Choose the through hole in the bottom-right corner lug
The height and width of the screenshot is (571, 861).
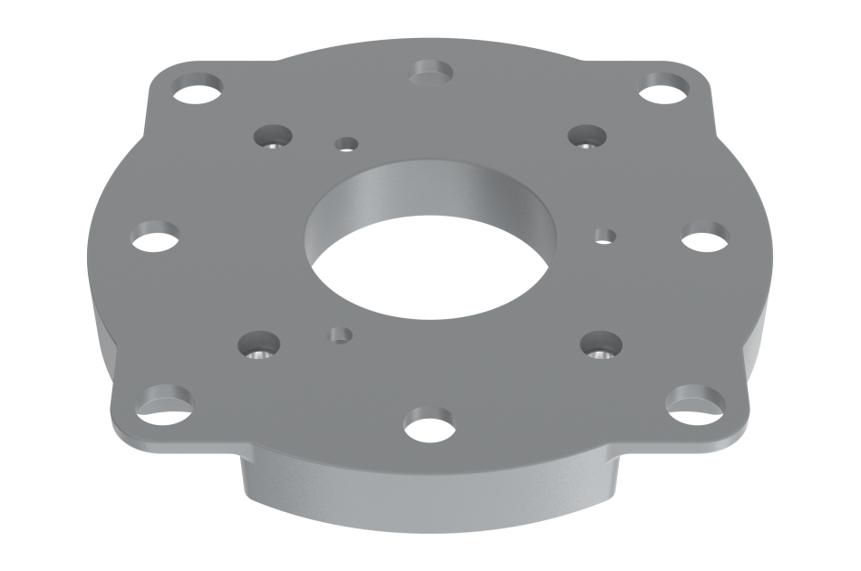[695, 402]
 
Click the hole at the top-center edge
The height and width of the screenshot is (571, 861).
[432, 73]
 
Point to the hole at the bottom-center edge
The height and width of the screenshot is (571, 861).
[430, 425]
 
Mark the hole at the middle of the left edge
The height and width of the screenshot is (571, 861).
[155, 239]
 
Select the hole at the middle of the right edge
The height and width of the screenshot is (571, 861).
[705, 238]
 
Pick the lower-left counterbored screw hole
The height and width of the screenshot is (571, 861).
[257, 347]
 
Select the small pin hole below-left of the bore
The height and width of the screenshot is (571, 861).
[340, 334]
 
